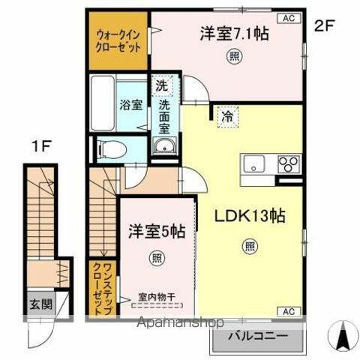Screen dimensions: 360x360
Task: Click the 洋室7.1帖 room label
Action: point(234,33)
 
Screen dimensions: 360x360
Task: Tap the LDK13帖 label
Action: point(250,216)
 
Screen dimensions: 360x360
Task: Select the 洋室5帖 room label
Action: point(157,231)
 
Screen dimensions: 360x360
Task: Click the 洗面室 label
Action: point(163,115)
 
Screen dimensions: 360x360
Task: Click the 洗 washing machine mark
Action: point(162,85)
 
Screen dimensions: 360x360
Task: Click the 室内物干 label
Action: point(157,295)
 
